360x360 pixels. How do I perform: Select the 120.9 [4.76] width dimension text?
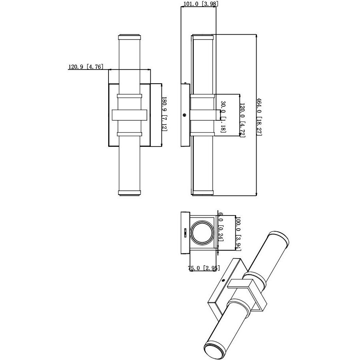[86, 67]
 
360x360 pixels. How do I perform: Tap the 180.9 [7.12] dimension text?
[164, 114]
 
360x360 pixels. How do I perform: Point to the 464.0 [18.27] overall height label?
[259, 116]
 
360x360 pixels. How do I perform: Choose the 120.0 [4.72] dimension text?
[243, 118]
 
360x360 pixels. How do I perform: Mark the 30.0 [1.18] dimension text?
[223, 116]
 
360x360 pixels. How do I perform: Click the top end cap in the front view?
[129, 37]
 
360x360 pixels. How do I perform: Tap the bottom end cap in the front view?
[129, 193]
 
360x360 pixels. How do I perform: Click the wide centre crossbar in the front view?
[129, 115]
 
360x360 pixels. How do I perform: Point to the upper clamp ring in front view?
[129, 96]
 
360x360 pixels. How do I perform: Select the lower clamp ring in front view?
[129, 134]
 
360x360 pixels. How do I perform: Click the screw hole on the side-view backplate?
[184, 115]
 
